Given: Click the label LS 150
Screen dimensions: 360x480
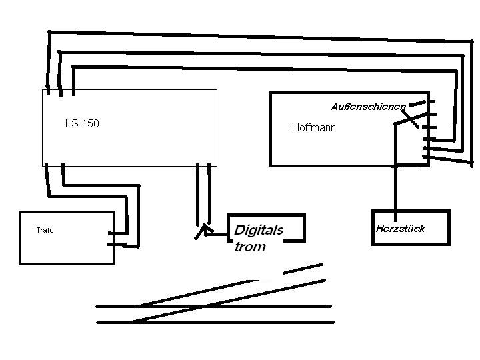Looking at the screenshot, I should tap(82, 123).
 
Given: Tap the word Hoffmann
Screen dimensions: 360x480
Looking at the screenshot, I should tap(314, 127).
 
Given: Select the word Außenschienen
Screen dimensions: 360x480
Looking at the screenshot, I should tap(368, 107).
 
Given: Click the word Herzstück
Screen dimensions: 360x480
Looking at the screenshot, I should tap(400, 229).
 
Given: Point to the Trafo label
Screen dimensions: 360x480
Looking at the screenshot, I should tap(45, 231).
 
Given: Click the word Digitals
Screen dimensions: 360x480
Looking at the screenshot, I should tap(259, 230).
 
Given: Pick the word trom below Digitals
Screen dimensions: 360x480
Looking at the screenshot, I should tap(250, 247).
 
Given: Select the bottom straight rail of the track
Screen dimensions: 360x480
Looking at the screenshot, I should tap(213, 323).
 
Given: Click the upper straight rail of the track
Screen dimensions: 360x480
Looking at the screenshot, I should tap(213, 307).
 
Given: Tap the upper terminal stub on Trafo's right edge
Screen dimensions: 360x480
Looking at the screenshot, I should tap(117, 233).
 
